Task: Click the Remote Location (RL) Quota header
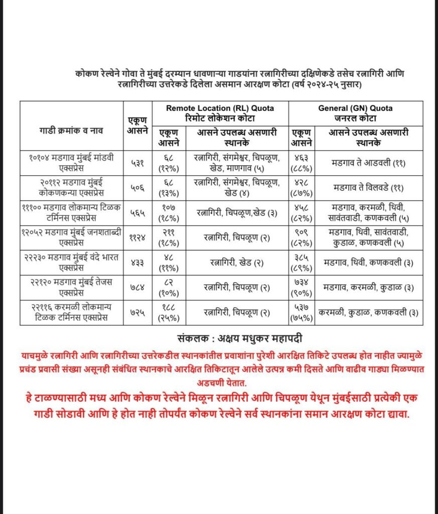pos(220,113)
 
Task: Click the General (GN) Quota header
pos(355,113)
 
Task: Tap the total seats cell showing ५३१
pos(137,162)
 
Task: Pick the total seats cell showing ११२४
pos(137,237)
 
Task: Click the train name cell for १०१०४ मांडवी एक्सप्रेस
pos(71,162)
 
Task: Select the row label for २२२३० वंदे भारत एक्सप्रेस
pos(71,262)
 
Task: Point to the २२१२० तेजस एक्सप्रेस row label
pos(71,287)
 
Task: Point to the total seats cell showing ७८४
pos(137,287)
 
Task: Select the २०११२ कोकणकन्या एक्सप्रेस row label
pos(71,187)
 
